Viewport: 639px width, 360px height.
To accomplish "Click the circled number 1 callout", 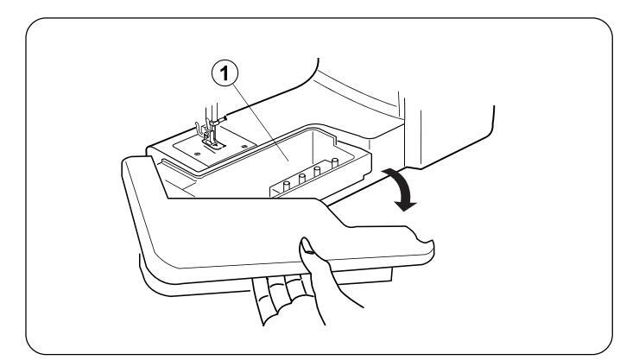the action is (x=225, y=74).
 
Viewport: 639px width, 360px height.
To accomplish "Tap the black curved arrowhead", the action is (x=405, y=205).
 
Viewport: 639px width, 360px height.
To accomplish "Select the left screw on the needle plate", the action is (x=198, y=154).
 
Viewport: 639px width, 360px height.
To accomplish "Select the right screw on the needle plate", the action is (x=244, y=146).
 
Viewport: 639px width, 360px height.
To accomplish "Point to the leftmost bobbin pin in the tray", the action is (x=286, y=186).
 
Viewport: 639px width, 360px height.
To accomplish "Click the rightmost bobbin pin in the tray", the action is (x=334, y=162).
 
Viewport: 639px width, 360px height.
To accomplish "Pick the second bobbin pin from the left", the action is (x=302, y=178).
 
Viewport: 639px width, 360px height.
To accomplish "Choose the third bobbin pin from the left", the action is (x=317, y=171).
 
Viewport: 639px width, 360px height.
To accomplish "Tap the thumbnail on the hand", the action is (x=307, y=245).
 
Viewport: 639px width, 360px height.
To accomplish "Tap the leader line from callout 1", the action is (x=261, y=123).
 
